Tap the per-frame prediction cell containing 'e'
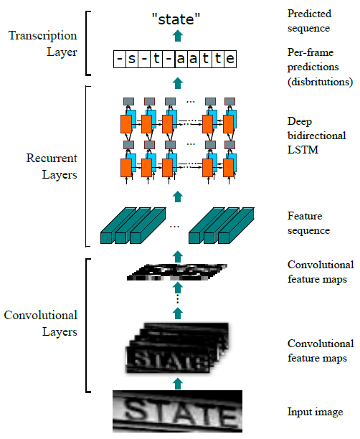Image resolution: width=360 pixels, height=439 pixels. [x=229, y=59]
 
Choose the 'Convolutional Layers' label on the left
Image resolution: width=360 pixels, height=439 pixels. [x=40, y=324]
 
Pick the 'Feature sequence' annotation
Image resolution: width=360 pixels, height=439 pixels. [x=308, y=224]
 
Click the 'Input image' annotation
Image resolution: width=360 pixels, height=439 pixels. [x=315, y=412]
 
